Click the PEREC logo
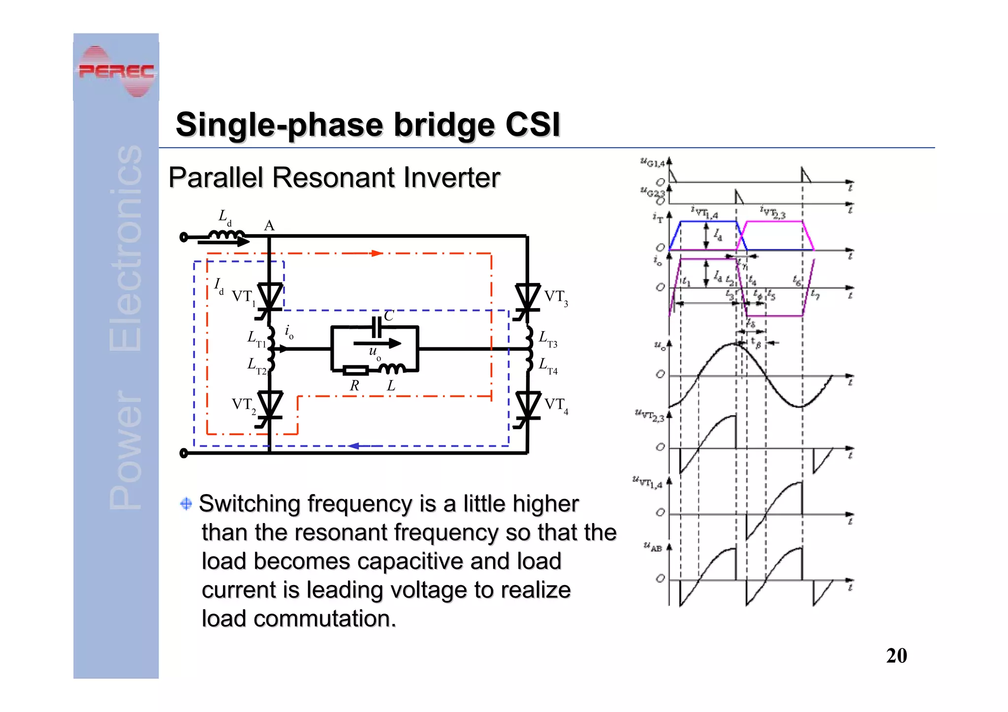[116, 71]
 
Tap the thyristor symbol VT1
[270, 297]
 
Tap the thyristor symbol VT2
[270, 405]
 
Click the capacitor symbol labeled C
[377, 327]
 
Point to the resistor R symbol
[355, 371]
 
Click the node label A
[269, 225]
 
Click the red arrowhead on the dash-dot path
[377, 253]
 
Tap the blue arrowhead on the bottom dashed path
[353, 446]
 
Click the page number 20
[896, 655]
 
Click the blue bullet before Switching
[186, 503]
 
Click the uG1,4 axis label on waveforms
[652, 162]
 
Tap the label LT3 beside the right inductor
[548, 339]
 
